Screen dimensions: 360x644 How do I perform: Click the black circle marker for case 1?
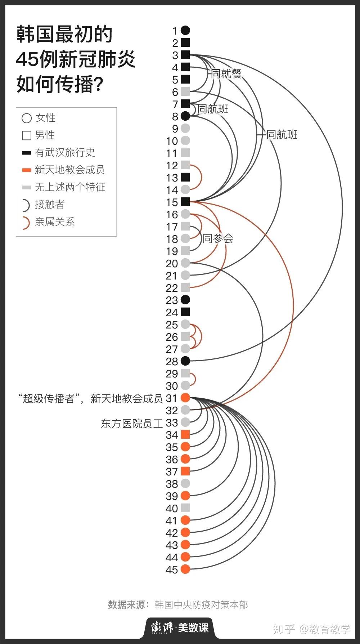[185, 31]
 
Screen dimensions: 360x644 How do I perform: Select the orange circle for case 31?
[185, 398]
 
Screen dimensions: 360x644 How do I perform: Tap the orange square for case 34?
[185, 434]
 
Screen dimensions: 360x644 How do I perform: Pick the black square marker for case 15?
[185, 202]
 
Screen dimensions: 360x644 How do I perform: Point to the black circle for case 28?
[185, 361]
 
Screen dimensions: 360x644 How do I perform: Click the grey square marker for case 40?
[185, 508]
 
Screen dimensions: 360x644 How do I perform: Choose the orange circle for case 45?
[185, 569]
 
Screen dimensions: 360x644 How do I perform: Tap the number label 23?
[172, 300]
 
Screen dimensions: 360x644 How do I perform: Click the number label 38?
[172, 484]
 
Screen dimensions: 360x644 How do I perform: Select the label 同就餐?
[226, 74]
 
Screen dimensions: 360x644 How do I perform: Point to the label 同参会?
[218, 238]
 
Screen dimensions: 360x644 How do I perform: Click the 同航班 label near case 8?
[213, 109]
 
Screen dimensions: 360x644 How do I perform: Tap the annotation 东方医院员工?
[132, 423]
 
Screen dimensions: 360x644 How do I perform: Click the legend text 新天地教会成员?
[69, 170]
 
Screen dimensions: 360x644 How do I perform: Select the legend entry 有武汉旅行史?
[65, 152]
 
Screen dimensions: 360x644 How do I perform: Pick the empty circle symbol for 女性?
[27, 118]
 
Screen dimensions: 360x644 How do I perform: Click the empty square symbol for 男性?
[27, 135]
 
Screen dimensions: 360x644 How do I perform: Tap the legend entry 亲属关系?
[55, 222]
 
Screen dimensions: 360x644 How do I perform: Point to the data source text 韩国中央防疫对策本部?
[201, 605]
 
